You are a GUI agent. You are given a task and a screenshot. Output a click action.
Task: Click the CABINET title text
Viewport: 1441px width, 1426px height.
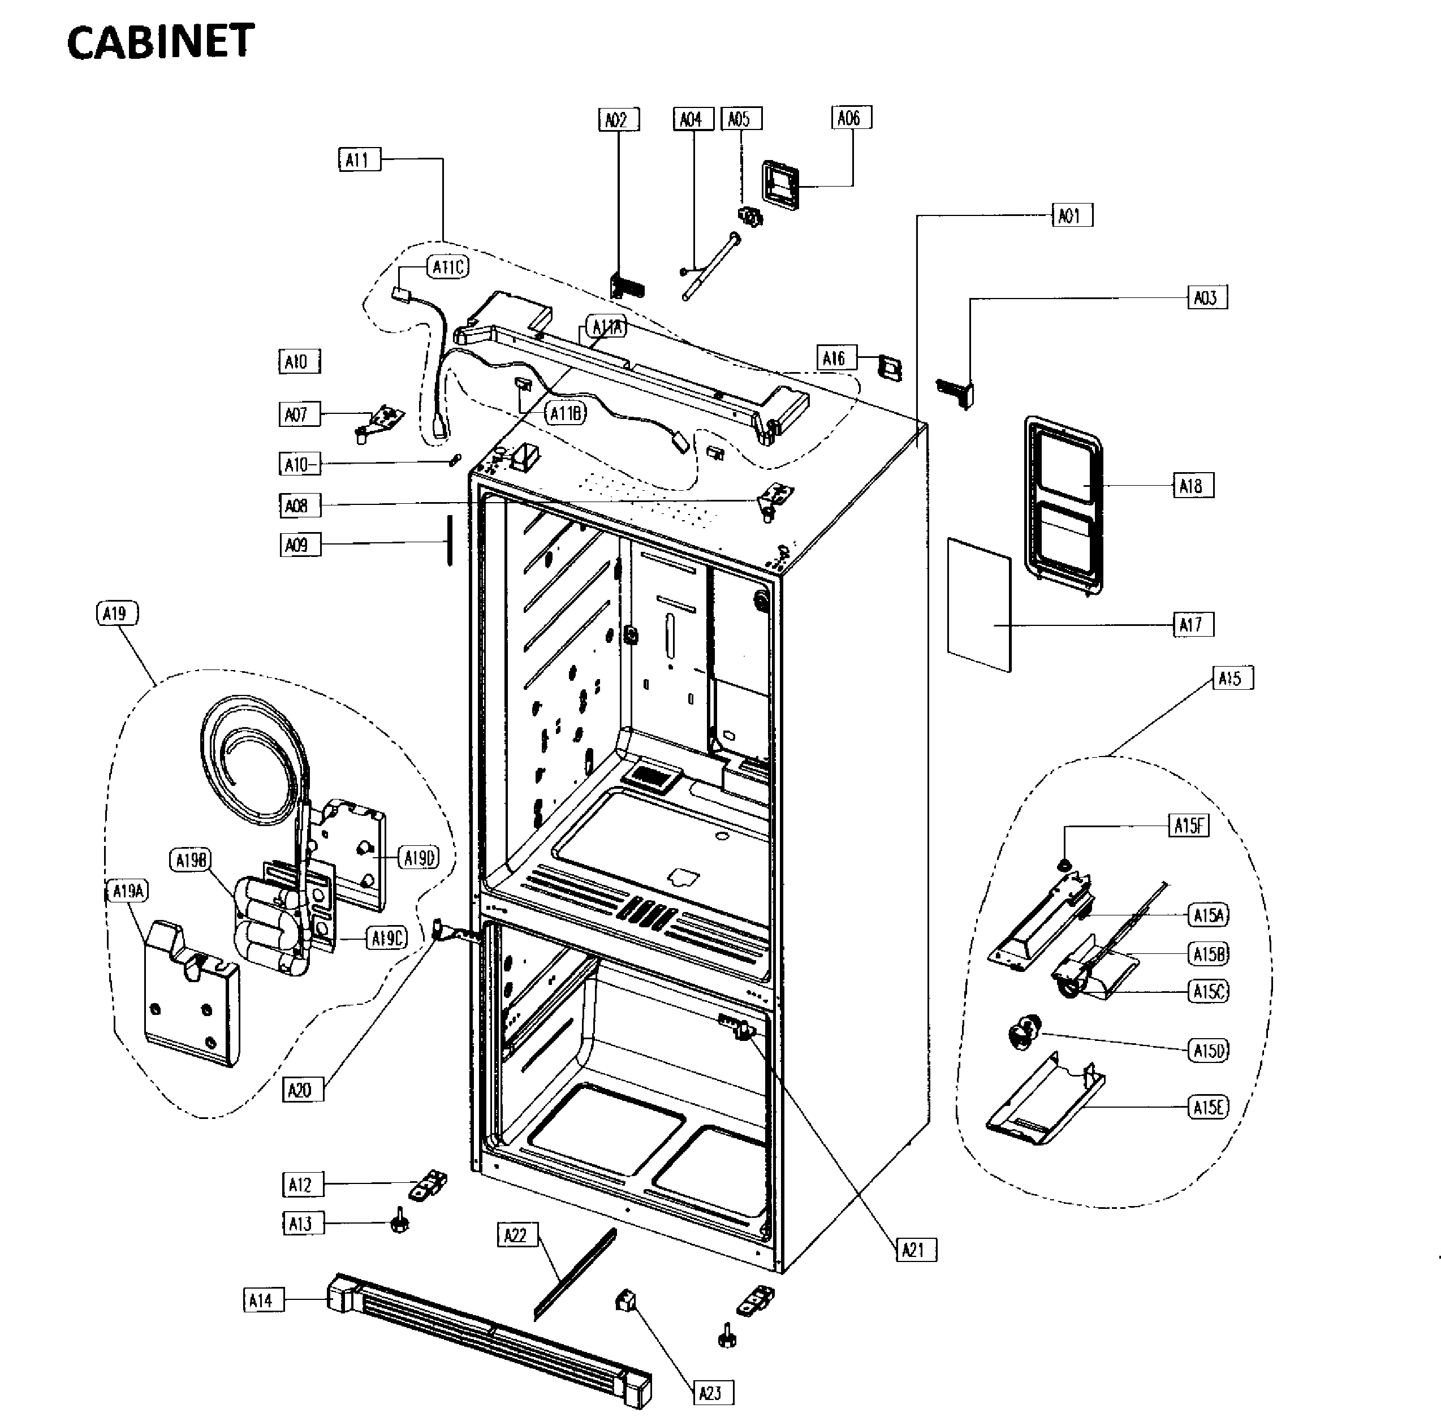tap(161, 42)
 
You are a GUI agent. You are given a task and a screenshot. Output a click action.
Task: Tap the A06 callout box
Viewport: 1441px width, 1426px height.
tap(850, 118)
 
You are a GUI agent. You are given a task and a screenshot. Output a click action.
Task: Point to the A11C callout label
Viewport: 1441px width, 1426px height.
tap(448, 267)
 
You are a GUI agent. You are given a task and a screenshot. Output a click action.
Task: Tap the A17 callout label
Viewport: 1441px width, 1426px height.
tap(1192, 624)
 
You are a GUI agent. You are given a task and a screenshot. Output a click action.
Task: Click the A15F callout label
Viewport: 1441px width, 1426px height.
tap(1188, 826)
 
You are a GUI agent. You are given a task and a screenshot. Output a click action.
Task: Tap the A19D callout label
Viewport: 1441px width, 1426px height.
tap(419, 858)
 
